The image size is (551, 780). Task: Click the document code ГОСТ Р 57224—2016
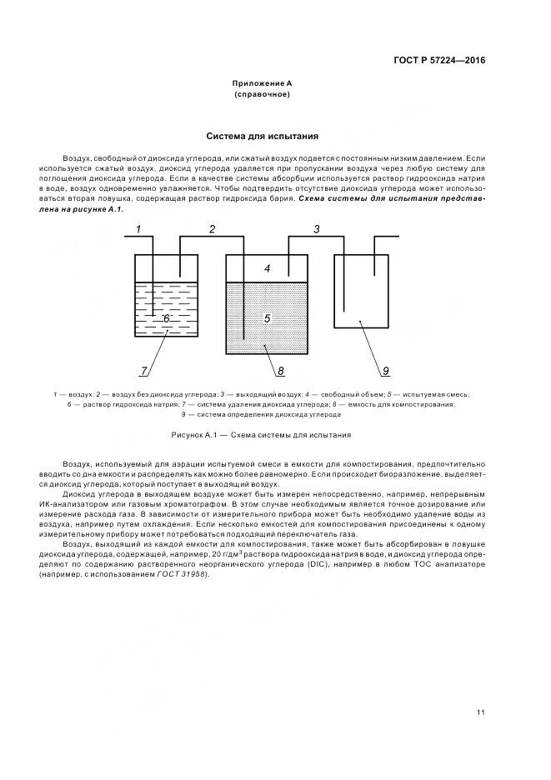(438, 60)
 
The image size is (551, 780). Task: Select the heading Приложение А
(262, 83)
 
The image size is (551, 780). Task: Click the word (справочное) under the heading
(262, 94)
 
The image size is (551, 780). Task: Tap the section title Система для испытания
(262, 135)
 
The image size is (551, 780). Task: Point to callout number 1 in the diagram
(139, 228)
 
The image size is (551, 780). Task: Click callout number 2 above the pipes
(212, 228)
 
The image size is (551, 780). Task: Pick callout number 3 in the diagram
(316, 228)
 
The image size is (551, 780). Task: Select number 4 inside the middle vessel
(267, 268)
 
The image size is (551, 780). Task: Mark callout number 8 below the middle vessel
(280, 371)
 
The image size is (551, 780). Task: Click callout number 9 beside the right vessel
(386, 371)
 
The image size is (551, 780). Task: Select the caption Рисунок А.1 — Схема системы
(261, 435)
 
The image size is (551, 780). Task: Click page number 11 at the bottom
(481, 712)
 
